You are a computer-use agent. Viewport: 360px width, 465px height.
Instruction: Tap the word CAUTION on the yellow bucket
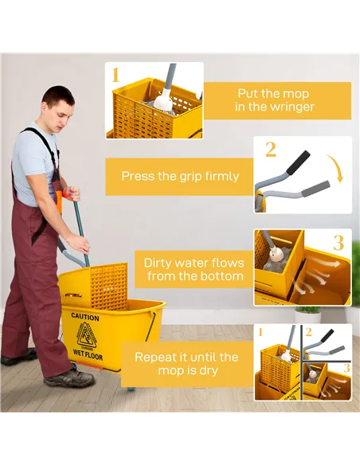(x=85, y=317)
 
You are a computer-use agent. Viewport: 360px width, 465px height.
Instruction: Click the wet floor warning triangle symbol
(x=86, y=334)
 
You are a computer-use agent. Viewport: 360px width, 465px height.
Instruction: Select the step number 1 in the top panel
(x=115, y=76)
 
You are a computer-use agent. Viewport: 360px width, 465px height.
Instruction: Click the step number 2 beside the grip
(x=271, y=149)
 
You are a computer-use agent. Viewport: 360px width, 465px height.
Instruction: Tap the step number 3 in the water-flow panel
(x=338, y=242)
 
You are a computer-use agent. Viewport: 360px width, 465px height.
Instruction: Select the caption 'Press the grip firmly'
(x=180, y=176)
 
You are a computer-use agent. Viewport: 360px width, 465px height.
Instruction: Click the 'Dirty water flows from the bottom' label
(x=194, y=269)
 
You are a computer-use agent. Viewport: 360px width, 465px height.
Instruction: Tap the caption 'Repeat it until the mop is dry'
(x=186, y=364)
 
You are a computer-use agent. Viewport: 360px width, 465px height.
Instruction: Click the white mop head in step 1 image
(x=164, y=101)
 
